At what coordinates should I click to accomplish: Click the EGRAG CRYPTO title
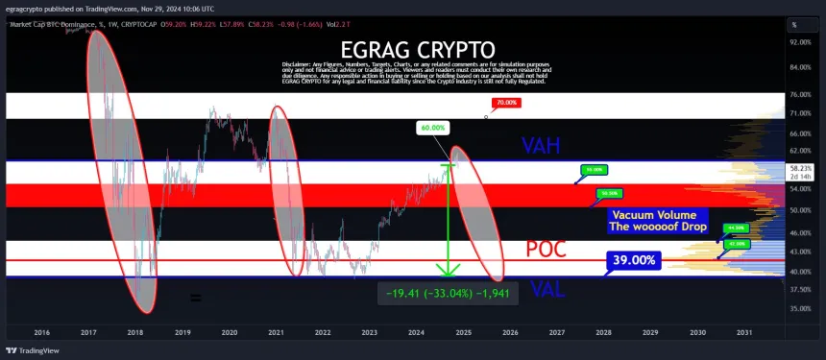point(416,49)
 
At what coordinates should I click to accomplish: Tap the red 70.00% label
point(505,102)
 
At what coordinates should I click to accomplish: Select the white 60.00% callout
point(432,127)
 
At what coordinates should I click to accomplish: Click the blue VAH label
point(541,146)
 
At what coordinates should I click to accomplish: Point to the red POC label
point(546,250)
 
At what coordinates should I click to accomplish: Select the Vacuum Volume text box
point(659,221)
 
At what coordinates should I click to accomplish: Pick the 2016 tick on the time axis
point(41,332)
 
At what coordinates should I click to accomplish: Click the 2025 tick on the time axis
point(463,332)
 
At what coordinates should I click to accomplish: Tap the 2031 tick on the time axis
point(744,332)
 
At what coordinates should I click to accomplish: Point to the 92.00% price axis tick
point(801,42)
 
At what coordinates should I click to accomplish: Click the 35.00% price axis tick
point(801,309)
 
